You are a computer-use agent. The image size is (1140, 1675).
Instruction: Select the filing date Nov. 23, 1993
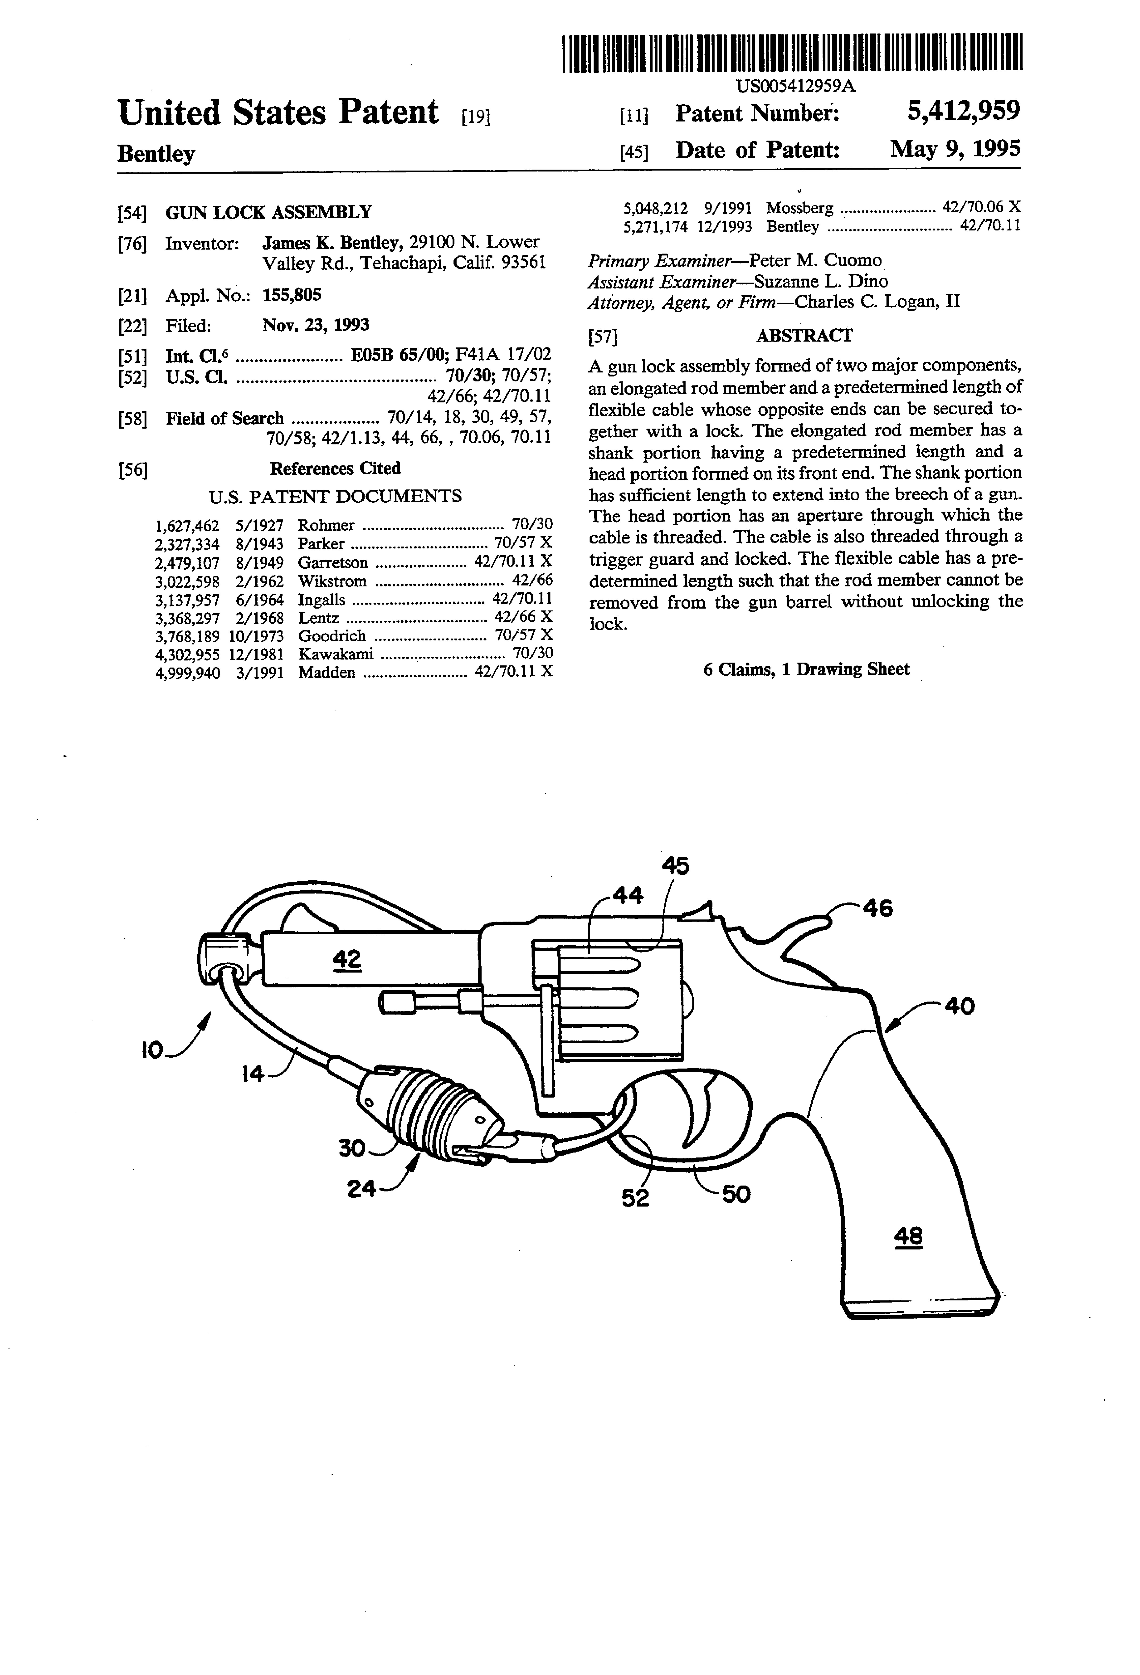click(x=316, y=325)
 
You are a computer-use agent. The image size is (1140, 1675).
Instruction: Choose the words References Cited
click(x=335, y=468)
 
